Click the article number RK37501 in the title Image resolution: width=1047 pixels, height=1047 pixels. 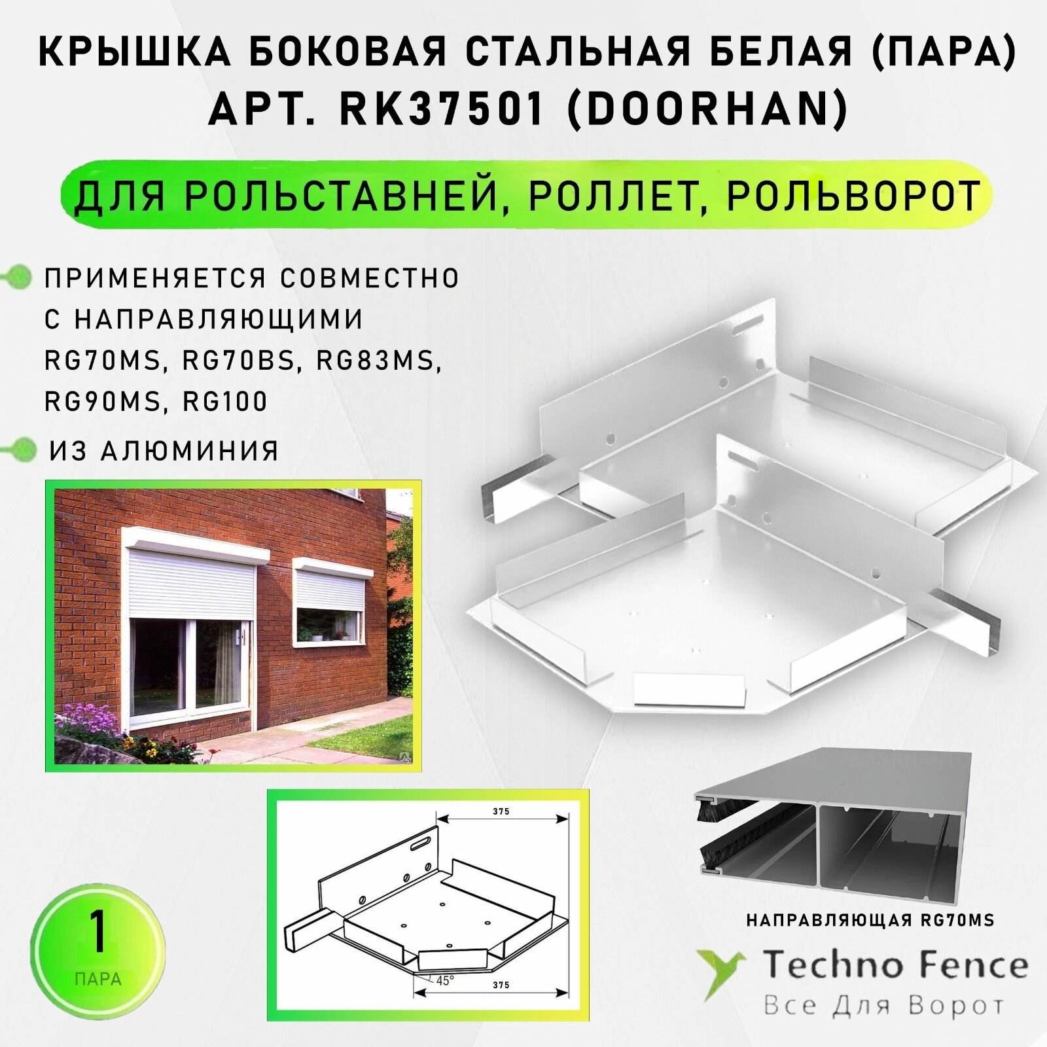tap(442, 109)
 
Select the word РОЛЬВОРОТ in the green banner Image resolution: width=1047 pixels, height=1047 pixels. tap(853, 195)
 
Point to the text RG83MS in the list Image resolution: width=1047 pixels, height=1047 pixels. tap(378, 361)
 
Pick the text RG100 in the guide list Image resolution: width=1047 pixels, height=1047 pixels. tap(225, 401)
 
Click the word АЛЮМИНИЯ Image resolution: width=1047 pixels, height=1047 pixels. tap(190, 451)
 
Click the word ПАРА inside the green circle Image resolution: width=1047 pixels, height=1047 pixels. tap(98, 980)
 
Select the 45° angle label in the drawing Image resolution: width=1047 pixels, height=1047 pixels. tap(445, 980)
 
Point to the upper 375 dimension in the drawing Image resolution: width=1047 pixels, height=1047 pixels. tap(501, 811)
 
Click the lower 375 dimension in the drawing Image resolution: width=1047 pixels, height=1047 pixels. tap(501, 985)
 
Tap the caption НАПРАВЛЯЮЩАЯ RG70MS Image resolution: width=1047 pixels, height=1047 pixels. tap(870, 921)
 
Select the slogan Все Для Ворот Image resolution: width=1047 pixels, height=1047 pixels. tap(883, 1006)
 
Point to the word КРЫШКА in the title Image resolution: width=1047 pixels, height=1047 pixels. tap(135, 53)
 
